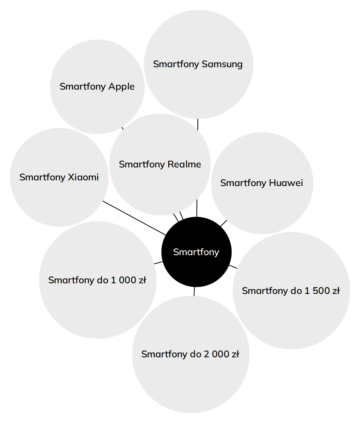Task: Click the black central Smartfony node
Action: [196, 252]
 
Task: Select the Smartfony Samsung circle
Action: [198, 64]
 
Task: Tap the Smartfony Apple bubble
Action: [97, 87]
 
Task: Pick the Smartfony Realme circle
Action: [160, 164]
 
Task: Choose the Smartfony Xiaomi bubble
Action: [59, 177]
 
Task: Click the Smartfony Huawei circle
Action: [262, 183]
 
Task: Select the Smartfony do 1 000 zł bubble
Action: [98, 280]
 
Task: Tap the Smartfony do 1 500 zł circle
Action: [291, 290]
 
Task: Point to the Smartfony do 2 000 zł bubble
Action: [191, 354]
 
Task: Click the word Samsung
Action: [222, 64]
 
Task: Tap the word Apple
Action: [122, 87]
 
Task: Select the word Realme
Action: [184, 164]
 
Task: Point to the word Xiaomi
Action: [83, 177]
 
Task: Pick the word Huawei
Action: [286, 183]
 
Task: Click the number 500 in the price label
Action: [321, 290]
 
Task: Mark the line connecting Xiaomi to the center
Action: [134, 218]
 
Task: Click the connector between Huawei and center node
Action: [224, 223]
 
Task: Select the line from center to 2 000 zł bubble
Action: [194, 291]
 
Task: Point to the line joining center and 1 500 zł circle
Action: [233, 267]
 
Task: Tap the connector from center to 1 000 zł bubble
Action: [158, 263]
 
